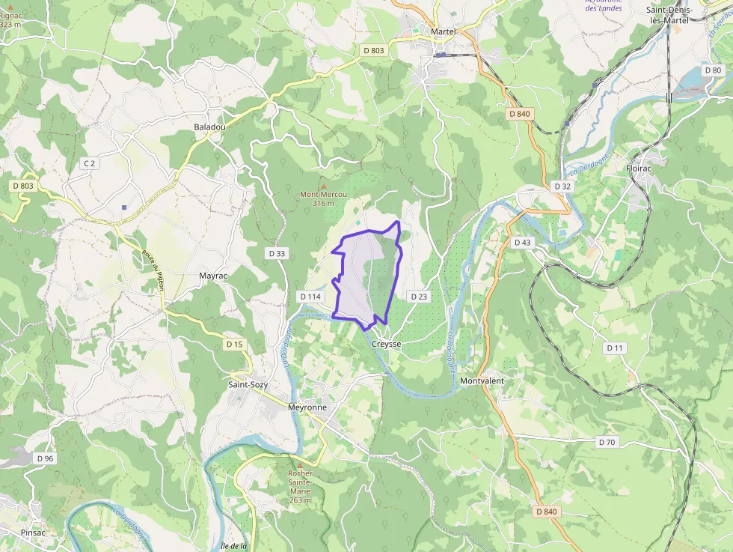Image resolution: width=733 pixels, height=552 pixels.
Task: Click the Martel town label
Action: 443,31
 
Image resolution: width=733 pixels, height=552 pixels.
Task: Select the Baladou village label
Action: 209,127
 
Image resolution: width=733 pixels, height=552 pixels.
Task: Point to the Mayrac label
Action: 212,276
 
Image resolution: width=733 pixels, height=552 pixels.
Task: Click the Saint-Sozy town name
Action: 248,385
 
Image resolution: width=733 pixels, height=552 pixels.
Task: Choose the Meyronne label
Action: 307,407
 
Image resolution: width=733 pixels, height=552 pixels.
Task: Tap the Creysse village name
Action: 387,344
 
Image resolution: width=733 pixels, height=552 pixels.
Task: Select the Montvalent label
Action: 482,381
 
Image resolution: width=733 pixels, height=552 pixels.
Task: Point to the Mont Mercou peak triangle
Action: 323,186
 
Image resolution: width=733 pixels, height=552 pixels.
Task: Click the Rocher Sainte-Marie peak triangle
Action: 300,464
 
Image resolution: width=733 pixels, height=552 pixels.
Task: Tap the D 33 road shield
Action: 277,254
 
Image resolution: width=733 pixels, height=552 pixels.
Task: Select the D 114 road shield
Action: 310,297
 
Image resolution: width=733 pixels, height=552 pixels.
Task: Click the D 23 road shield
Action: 419,297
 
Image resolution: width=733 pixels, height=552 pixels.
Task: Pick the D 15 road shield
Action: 234,344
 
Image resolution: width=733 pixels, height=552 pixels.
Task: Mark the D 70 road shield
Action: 607,442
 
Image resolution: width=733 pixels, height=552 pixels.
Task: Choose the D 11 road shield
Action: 615,348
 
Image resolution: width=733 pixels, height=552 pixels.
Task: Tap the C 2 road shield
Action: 90,163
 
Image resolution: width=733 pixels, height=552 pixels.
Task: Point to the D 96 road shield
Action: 45,458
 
